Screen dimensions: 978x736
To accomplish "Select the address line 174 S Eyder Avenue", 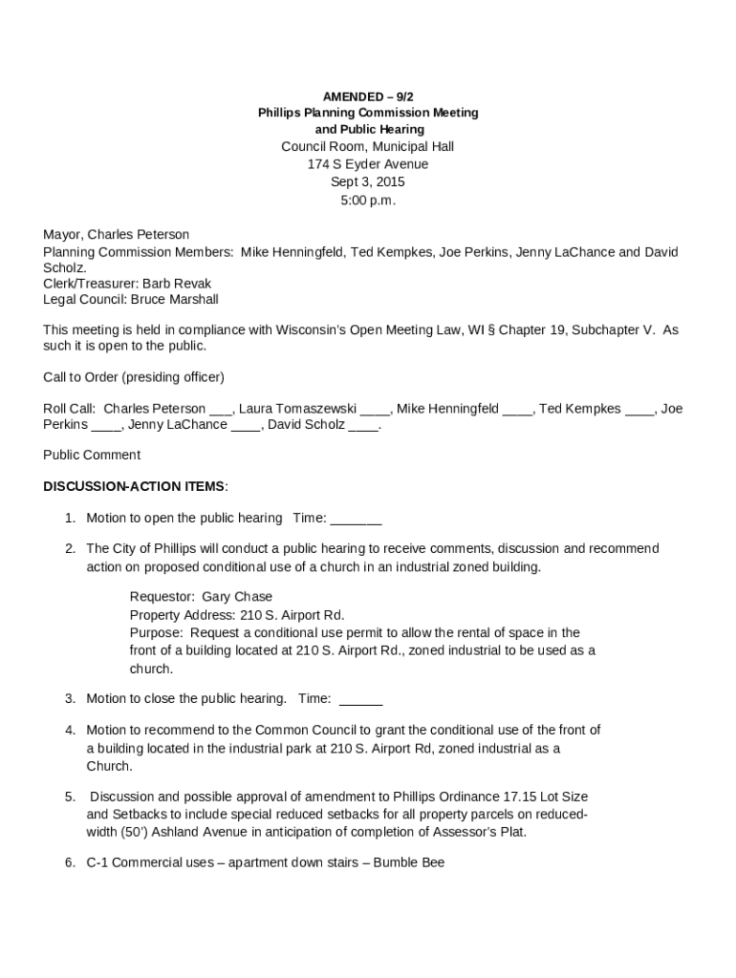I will (368, 164).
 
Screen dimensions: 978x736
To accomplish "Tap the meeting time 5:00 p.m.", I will (368, 201).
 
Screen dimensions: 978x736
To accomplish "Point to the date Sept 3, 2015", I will (368, 182).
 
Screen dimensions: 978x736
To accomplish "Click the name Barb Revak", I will (177, 284).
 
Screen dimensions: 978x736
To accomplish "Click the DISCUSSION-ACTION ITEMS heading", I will (135, 486).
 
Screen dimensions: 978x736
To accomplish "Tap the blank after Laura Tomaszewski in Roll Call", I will (376, 410).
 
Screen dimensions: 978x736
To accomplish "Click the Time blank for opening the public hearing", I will (357, 519).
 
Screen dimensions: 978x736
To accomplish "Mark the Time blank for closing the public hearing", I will (361, 699).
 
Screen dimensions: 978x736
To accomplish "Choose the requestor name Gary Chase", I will (237, 597).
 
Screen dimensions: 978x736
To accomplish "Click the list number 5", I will (70, 797).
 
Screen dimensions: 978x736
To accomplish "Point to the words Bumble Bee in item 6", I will (409, 862).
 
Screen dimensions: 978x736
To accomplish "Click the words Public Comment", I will (92, 456).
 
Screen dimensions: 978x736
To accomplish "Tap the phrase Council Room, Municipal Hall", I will (368, 146).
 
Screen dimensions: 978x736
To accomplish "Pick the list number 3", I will (70, 699).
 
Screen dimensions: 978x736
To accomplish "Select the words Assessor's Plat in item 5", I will (480, 832).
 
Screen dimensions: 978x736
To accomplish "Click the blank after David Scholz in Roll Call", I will (364, 425).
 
